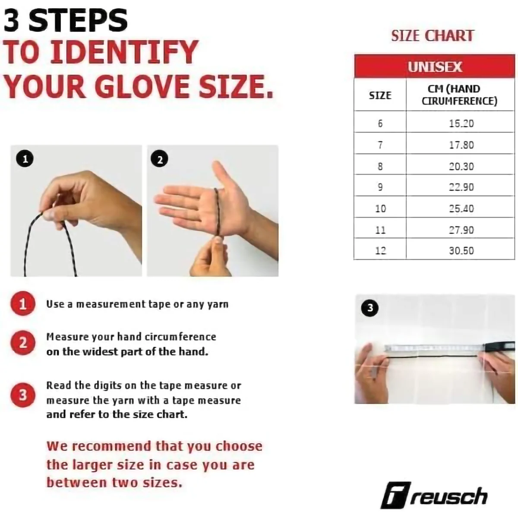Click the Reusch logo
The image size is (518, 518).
[x=434, y=497]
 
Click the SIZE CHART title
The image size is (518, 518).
[x=433, y=36]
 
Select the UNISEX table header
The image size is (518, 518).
[x=435, y=67]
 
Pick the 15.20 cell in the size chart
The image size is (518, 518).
[x=461, y=123]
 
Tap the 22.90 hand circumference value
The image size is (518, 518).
[x=461, y=187]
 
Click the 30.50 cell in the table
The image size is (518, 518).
[x=461, y=250]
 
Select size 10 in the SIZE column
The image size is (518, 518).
[x=380, y=208]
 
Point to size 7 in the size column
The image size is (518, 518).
[x=380, y=145]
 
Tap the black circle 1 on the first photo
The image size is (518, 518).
[x=25, y=159]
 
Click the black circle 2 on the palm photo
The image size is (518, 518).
[x=160, y=160]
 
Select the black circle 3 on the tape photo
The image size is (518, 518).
[x=370, y=308]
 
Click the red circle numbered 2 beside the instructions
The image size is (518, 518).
[x=22, y=343]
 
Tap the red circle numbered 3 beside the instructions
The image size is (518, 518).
[x=22, y=395]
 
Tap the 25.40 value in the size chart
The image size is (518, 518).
[x=461, y=208]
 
